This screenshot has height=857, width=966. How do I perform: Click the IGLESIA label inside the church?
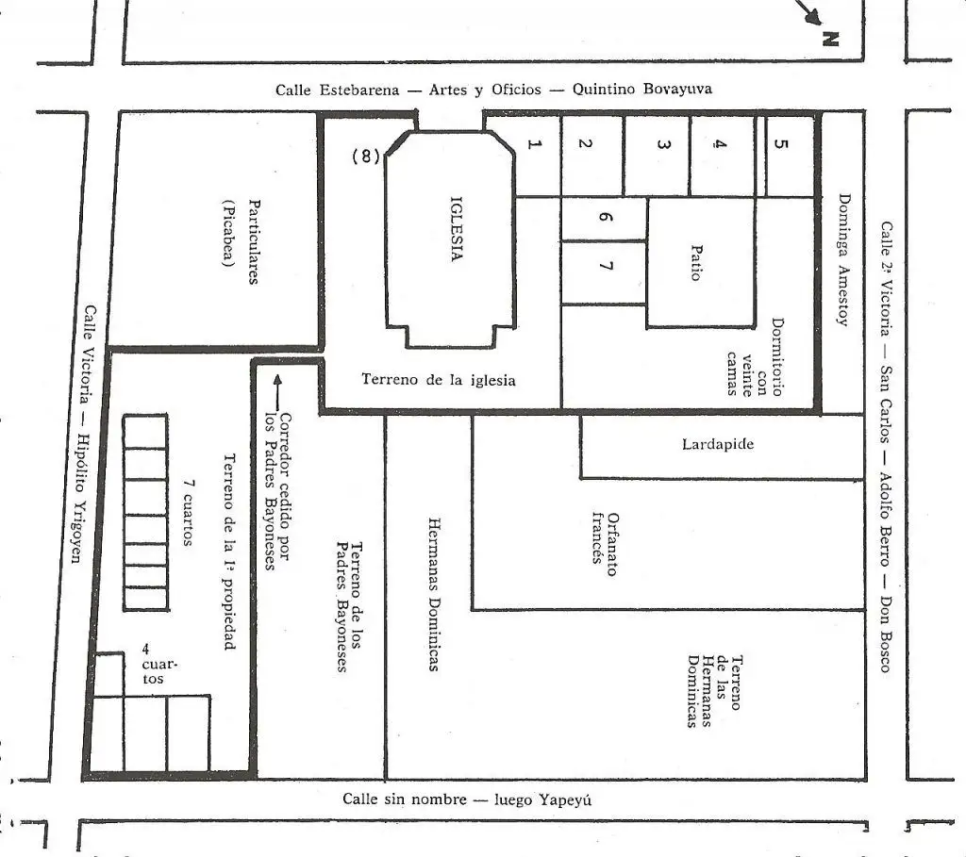457,229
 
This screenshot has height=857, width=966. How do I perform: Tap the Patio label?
696,263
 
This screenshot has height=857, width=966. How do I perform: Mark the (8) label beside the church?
366,157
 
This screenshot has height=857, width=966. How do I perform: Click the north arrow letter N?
830,40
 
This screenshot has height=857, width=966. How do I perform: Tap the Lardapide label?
718,444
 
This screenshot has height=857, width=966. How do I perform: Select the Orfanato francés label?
605,544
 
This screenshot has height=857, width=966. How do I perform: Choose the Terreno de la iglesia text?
438,379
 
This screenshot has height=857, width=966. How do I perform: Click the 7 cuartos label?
188,512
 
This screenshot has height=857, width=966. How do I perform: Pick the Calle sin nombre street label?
404,799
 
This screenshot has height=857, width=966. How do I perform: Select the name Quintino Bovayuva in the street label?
641,89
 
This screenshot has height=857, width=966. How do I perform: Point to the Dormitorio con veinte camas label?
755,357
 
